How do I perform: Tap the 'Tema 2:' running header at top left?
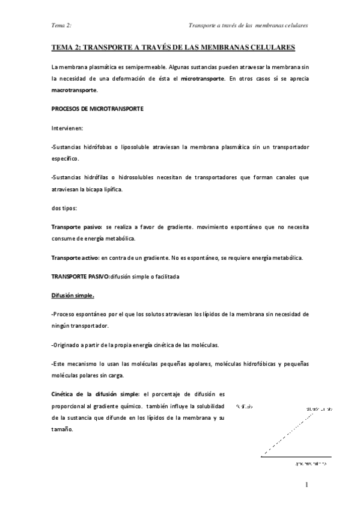[62, 26]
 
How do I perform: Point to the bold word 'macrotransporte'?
[74, 90]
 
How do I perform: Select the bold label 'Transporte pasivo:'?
[77, 227]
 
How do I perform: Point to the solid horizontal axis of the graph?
[296, 457]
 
